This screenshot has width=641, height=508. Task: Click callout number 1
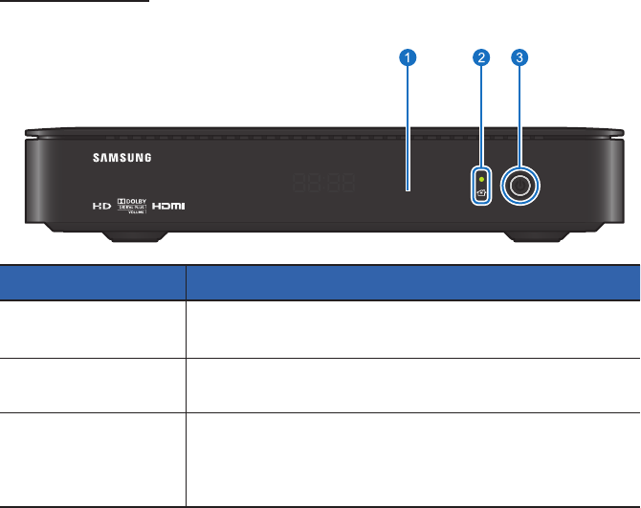tap(409, 59)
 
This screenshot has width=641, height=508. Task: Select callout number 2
tap(481, 59)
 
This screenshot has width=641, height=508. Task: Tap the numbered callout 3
tap(519, 59)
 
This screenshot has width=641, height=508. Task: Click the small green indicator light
tap(481, 177)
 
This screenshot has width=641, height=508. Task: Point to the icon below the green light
tap(481, 193)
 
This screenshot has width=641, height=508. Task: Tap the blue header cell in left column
tap(92, 283)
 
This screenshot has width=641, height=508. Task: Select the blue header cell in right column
tap(411, 283)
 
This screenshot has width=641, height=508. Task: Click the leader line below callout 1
tap(409, 124)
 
